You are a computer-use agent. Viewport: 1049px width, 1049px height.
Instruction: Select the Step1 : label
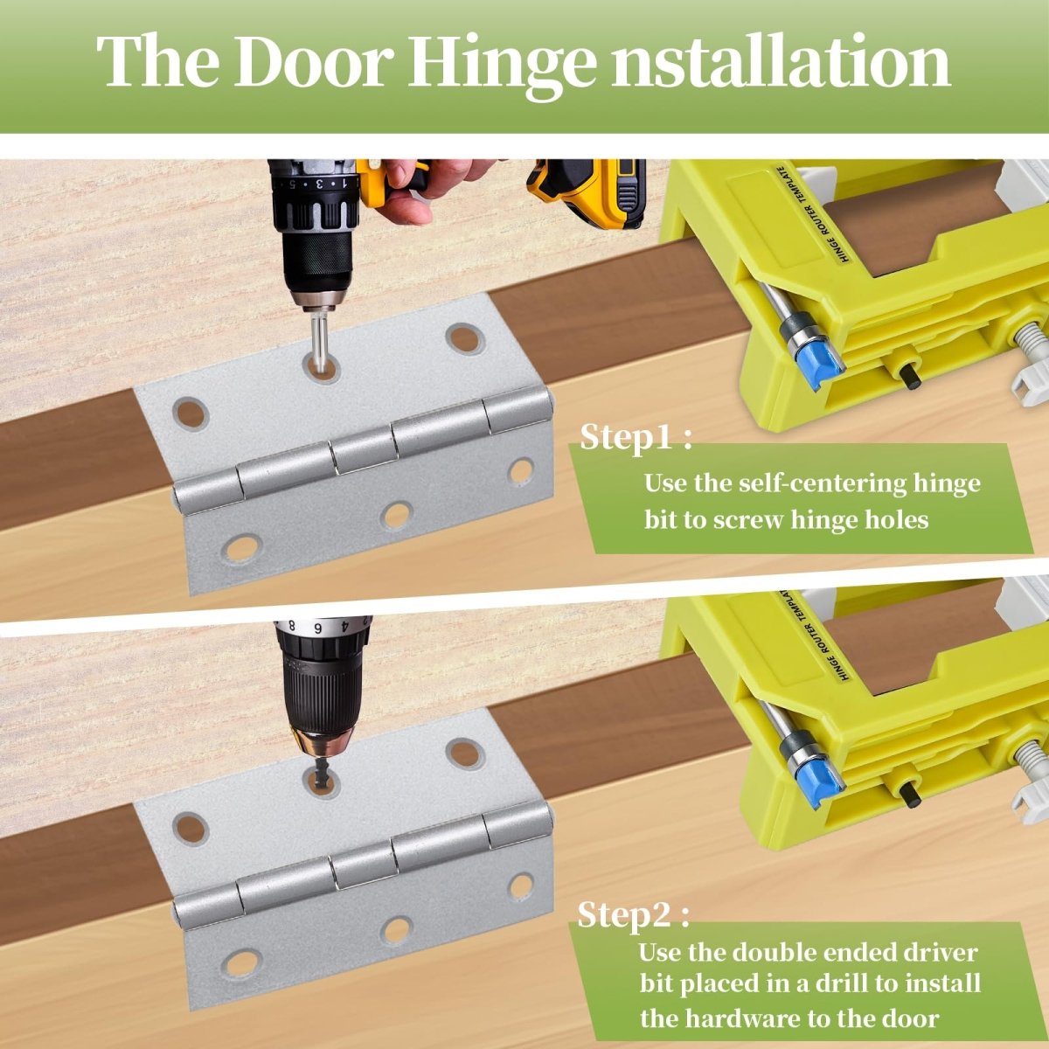[636, 436]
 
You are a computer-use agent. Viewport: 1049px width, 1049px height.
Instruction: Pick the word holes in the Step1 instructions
[894, 519]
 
